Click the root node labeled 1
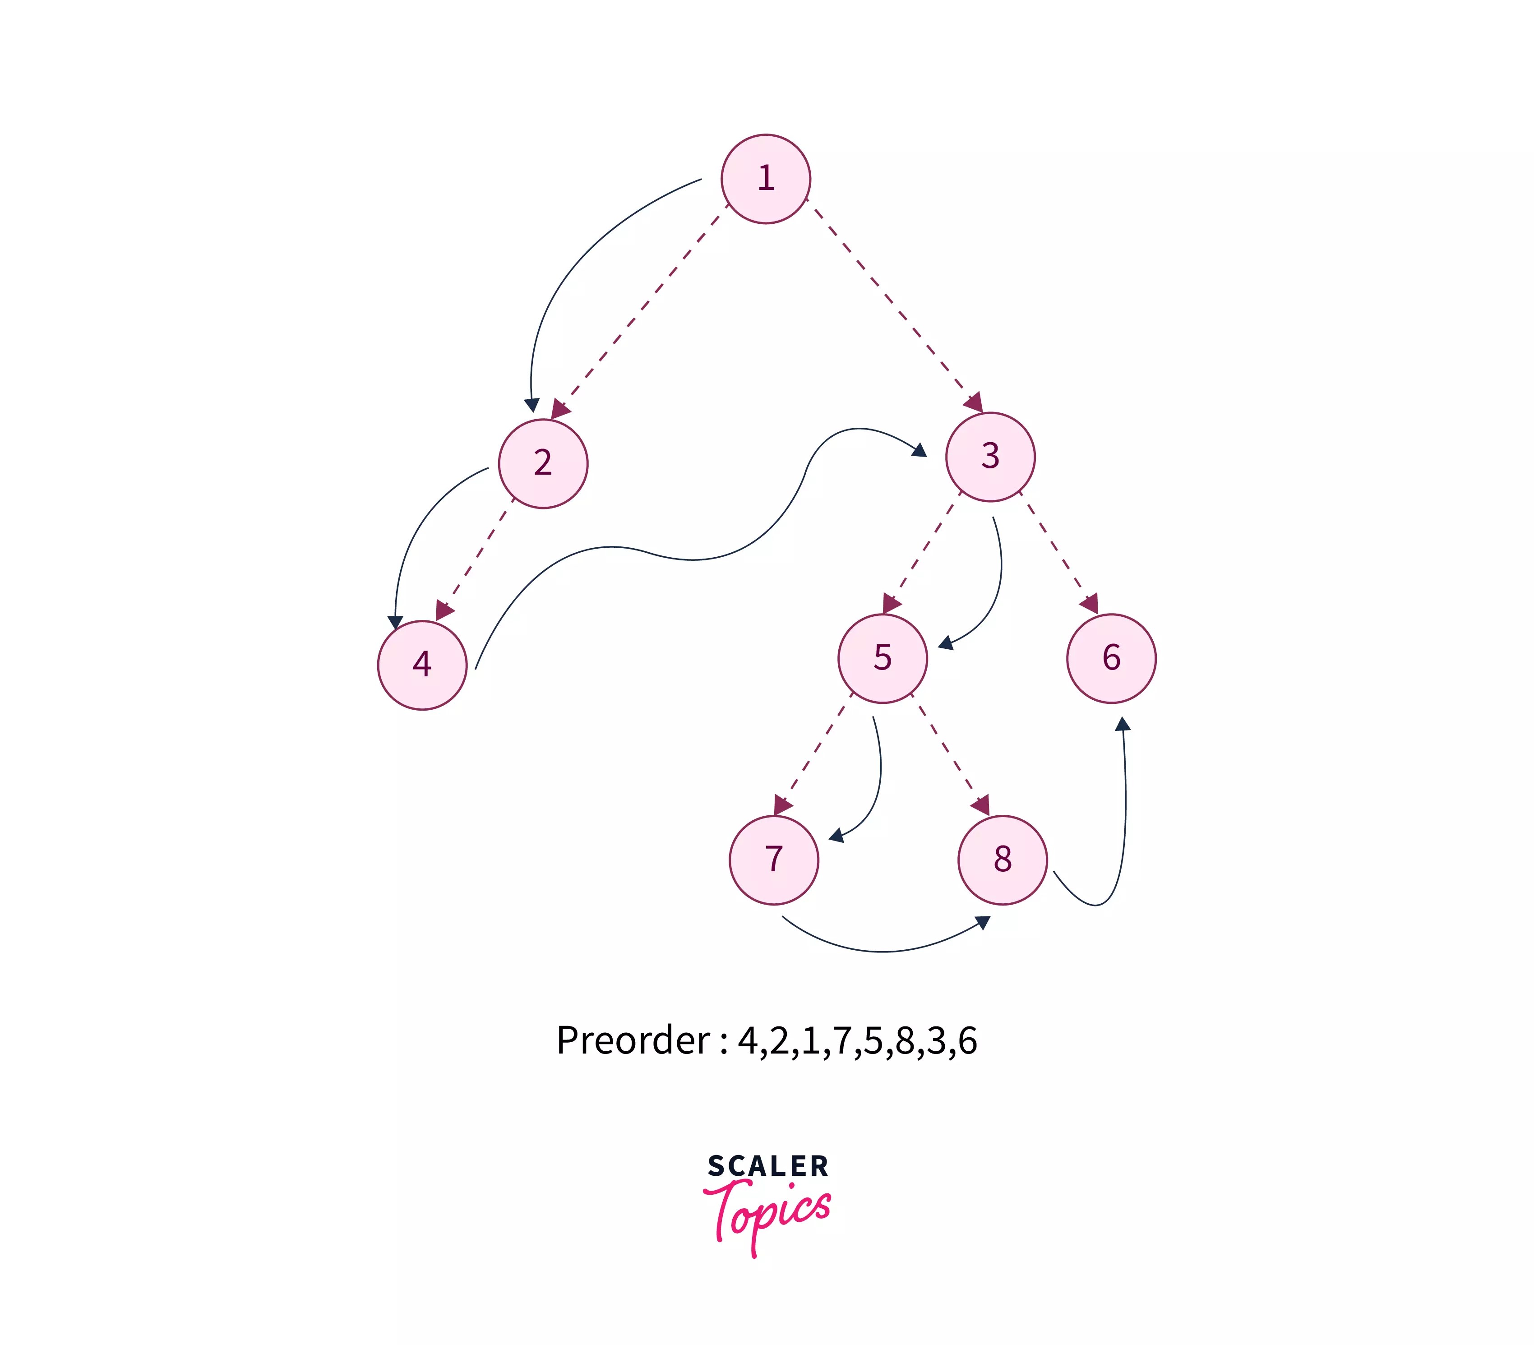coord(766,179)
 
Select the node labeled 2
coord(543,463)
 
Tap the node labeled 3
coord(990,456)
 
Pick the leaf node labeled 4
coord(422,664)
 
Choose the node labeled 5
coord(883,658)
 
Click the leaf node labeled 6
coord(1111,658)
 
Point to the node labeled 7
coord(774,860)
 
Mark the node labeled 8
coord(1002,860)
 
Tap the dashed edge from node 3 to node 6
coord(1058,552)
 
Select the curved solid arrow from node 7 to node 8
coord(882,951)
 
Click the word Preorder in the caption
coord(633,1041)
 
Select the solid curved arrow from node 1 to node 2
coord(570,270)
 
